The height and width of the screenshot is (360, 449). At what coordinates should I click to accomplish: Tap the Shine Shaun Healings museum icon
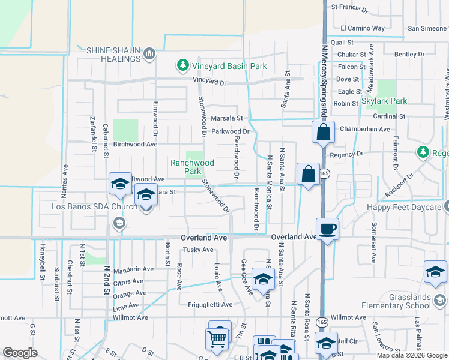[150, 55]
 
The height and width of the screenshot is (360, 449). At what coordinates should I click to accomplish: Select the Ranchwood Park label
[192, 167]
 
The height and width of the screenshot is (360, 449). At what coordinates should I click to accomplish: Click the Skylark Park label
[384, 101]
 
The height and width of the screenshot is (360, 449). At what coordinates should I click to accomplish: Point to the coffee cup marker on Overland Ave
[327, 229]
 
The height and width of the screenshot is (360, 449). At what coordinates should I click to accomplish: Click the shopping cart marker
[217, 339]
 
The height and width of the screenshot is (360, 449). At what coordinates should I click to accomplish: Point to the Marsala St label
[225, 118]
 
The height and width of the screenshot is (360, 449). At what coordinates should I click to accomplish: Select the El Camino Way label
[363, 28]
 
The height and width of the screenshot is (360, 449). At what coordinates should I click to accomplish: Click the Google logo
[20, 353]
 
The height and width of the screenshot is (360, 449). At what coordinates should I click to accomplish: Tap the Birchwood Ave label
[135, 145]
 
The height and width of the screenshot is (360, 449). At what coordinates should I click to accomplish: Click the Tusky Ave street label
[198, 250]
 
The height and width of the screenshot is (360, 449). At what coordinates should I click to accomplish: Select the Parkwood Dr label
[230, 131]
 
